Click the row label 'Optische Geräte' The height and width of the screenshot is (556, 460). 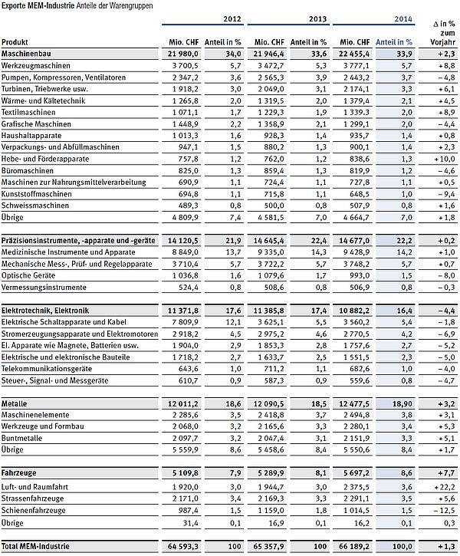(x=30, y=275)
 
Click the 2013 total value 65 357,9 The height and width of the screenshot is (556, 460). (x=271, y=546)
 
